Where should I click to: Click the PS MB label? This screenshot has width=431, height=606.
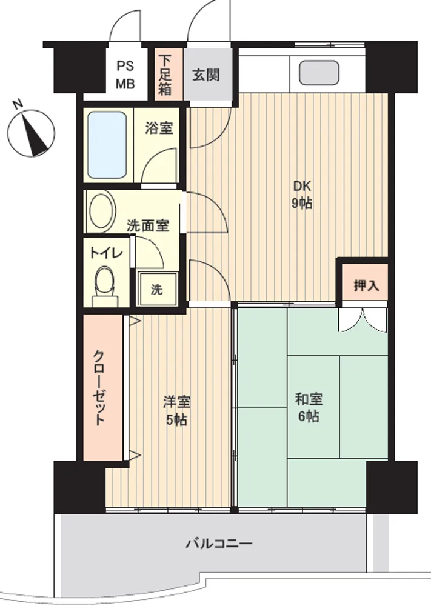[125, 75]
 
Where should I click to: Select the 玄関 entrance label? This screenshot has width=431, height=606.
[206, 75]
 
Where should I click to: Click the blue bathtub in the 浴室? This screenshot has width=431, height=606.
[107, 145]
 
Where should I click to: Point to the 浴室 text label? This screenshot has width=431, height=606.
[159, 128]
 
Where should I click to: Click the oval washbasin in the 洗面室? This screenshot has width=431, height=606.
[102, 211]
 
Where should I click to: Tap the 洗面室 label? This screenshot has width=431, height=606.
[148, 225]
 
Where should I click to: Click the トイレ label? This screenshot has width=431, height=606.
[106, 253]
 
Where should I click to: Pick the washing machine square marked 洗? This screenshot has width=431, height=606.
[157, 289]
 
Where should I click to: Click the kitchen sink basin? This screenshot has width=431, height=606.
[319, 73]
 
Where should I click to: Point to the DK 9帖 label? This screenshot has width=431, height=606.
[302, 195]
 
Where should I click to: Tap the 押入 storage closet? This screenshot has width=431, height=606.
[366, 282]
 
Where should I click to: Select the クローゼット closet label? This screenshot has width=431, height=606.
[100, 388]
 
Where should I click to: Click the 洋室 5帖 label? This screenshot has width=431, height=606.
[176, 410]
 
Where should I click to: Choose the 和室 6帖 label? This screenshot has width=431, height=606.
[309, 407]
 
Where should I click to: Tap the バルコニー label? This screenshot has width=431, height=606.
[219, 544]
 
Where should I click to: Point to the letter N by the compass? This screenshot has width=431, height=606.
[18, 104]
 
